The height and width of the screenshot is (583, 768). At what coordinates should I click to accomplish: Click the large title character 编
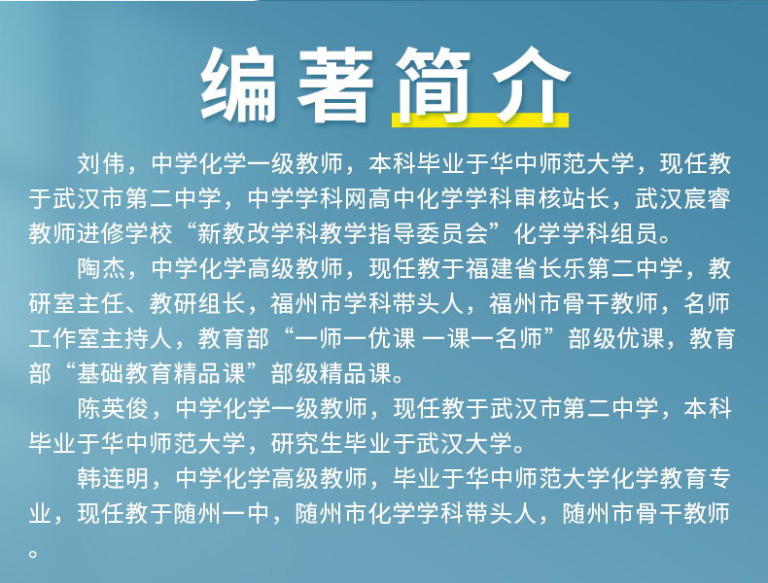point(238,84)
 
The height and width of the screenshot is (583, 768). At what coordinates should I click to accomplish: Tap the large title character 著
point(335,84)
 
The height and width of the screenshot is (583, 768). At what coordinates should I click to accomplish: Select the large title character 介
point(531,84)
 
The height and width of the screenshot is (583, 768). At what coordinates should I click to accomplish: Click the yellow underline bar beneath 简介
point(480,120)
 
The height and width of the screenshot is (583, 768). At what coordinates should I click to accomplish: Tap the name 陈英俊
point(113,408)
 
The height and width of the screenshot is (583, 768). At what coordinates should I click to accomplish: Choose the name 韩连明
point(113,478)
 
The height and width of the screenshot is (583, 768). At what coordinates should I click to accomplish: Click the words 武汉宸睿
point(682,198)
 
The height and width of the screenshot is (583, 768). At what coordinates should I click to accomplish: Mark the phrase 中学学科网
point(307,198)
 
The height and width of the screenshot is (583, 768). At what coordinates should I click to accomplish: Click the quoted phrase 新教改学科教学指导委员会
point(342,233)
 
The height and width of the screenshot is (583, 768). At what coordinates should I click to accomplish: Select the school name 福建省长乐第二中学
point(574,268)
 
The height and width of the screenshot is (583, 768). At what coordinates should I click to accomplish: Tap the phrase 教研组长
point(197,303)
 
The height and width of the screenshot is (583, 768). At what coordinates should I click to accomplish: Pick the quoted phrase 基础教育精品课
point(160,373)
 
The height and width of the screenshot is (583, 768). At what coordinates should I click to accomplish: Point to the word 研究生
point(307,443)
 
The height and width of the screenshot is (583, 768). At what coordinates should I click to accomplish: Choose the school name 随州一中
point(222,513)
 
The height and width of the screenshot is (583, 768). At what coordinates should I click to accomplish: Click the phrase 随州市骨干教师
point(646,513)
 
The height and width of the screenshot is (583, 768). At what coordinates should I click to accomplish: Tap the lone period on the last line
point(33,554)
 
